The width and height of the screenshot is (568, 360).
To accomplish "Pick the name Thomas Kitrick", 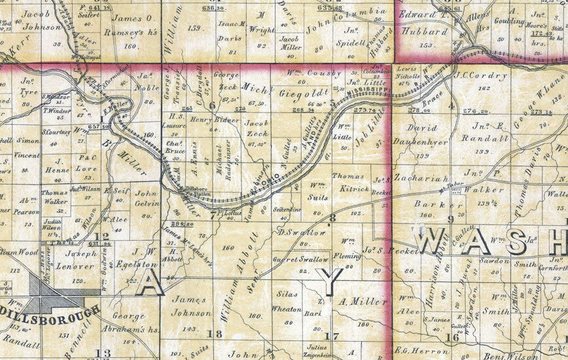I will [353, 183].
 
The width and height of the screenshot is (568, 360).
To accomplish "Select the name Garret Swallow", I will [302, 260].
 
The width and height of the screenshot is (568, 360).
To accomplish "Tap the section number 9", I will [450, 219].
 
